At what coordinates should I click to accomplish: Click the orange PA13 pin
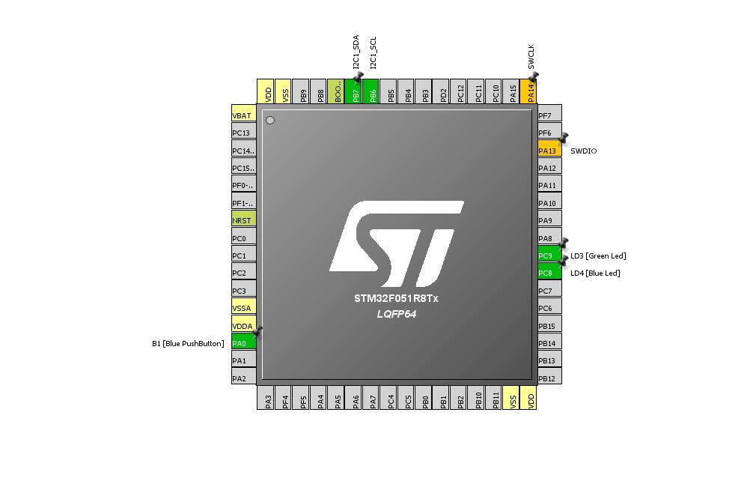point(549,151)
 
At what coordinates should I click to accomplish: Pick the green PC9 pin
point(549,255)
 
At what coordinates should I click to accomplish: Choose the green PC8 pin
point(549,273)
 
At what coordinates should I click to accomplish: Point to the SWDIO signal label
point(584,151)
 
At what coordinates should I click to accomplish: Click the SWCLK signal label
point(531,57)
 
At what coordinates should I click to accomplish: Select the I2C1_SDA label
point(356,52)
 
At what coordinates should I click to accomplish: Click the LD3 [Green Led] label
point(598,256)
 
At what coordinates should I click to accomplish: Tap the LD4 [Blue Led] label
point(595,273)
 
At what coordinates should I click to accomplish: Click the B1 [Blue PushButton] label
point(188,344)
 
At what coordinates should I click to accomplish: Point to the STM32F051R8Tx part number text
point(396,298)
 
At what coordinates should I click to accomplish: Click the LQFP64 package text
point(396,314)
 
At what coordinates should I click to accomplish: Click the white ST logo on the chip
point(396,244)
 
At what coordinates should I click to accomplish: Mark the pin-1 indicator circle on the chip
point(270,120)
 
